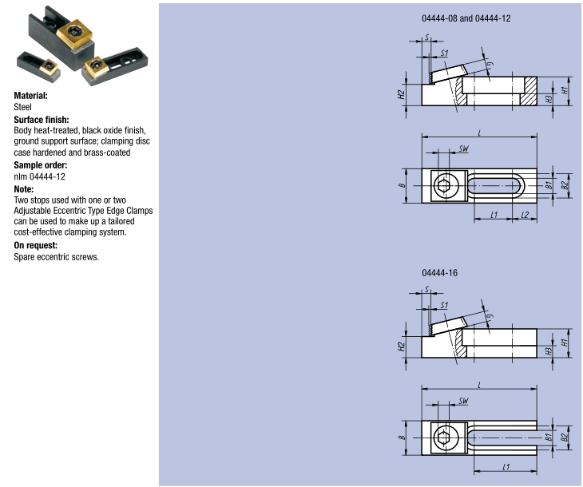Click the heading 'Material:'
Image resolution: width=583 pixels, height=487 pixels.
coord(31,95)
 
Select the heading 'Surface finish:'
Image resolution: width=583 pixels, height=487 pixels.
coord(42,119)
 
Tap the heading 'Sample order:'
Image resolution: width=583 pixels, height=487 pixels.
coord(40,164)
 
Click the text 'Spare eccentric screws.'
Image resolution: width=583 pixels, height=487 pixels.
coord(56,257)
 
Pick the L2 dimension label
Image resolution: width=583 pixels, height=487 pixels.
coord(525,216)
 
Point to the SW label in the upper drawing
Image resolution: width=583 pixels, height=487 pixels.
coord(464,149)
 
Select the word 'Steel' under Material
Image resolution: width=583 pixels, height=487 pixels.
coord(23,106)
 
